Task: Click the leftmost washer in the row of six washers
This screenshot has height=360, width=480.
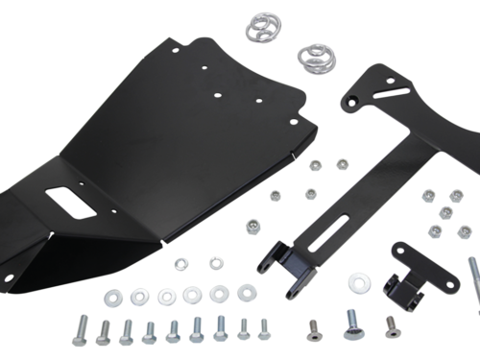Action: (x=142, y=297)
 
